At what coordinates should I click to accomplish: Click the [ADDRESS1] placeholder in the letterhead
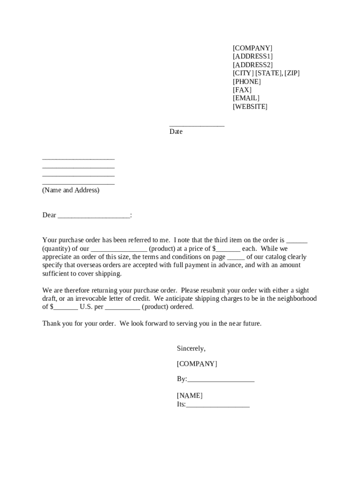coord(252,57)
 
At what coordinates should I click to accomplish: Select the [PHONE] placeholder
coord(247,82)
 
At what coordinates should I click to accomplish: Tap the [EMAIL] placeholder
coord(246,98)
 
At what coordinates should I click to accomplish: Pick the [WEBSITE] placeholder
coord(250,107)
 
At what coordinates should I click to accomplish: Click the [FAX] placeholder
coord(242,90)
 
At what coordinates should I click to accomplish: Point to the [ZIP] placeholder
coord(291,73)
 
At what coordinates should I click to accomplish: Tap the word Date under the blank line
coord(176,132)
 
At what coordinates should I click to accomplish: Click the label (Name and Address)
coord(71,190)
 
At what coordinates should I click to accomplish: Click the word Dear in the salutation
coord(49,215)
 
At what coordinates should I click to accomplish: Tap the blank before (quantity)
coord(297,241)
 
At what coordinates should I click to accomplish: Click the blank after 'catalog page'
coord(236,257)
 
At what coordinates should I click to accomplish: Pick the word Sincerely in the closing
coord(191,348)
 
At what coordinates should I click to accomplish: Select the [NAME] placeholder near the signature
coord(189,396)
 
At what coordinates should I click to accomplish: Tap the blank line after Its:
coord(218,405)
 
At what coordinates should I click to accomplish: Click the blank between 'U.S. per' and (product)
coord(122,307)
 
